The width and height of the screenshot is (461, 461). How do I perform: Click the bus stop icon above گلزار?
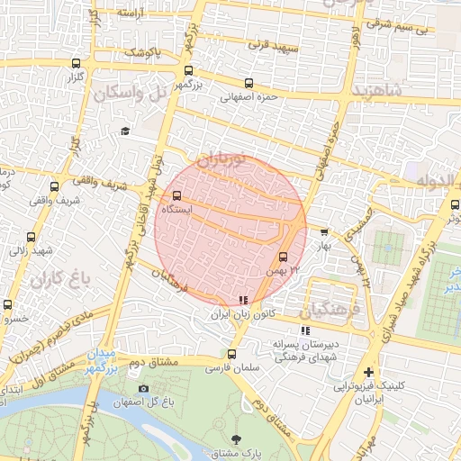point(77,64)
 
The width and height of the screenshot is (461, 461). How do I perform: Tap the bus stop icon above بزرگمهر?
point(187,70)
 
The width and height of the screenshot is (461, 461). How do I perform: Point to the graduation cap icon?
point(125,132)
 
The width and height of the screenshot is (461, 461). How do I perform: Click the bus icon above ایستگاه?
point(176,194)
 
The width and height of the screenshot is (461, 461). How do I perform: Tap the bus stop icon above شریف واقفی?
point(55,186)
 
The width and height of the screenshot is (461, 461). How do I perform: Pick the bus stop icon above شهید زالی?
point(32,237)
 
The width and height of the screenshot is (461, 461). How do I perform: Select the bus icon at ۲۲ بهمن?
point(284,256)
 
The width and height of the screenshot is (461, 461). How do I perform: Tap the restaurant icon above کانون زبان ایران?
point(241,301)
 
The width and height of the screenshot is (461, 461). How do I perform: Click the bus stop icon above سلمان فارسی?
point(231,354)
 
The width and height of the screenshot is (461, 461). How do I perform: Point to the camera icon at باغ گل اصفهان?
point(143,389)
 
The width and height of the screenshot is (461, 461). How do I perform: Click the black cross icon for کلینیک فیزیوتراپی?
point(367,372)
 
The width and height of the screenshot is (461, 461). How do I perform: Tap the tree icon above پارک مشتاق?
point(237,439)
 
